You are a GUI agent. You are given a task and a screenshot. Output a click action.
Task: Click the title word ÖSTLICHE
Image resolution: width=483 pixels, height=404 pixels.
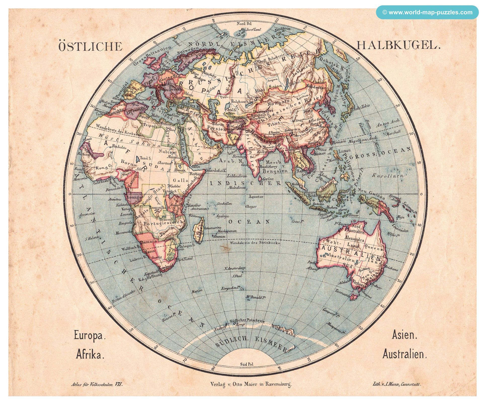point(90,47)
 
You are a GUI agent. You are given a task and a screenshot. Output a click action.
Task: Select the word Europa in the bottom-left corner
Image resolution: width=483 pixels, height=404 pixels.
point(89,336)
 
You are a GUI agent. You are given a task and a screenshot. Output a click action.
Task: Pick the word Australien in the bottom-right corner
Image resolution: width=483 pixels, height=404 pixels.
point(405,355)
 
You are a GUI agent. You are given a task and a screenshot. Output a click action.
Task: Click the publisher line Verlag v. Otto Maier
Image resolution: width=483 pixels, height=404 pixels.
point(251,391)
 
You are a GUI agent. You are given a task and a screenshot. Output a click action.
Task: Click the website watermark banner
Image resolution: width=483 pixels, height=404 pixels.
point(427,12)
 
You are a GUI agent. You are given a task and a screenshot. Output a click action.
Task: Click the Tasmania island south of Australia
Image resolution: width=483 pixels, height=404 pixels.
point(354,297)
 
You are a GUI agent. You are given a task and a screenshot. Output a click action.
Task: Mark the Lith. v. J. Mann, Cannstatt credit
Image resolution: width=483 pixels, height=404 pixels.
point(397,391)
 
